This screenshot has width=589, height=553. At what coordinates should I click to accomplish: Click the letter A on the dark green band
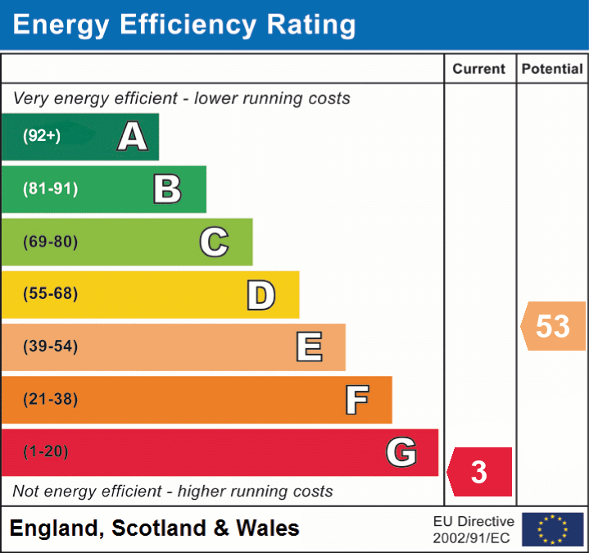[133, 136]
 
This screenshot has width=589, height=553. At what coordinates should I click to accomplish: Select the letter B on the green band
[167, 189]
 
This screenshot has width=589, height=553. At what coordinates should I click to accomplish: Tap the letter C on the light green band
[214, 242]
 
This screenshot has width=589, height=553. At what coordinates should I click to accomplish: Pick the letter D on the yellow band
[261, 295]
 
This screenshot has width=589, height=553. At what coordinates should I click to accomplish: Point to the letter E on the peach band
[309, 347]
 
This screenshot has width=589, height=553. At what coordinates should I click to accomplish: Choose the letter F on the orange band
[356, 400]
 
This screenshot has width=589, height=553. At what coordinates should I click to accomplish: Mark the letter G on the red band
[401, 451]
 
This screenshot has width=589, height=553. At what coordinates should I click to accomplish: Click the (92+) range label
[42, 136]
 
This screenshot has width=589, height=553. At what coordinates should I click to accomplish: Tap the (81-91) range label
[51, 189]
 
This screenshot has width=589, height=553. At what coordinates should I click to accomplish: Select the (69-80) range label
[51, 242]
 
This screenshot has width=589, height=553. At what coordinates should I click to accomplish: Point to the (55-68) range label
[51, 294]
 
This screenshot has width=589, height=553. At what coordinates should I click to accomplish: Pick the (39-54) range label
[51, 347]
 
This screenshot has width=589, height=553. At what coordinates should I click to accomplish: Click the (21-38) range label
[51, 400]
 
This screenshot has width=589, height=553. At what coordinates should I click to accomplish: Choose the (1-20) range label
[46, 451]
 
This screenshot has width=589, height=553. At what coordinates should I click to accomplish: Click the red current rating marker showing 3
[480, 472]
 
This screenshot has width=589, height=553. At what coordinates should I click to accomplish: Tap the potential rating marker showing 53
[554, 326]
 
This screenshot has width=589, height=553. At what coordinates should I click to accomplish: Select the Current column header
[480, 70]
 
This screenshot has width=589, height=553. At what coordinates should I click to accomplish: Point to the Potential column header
[552, 70]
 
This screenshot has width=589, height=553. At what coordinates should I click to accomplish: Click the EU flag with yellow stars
[553, 529]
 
